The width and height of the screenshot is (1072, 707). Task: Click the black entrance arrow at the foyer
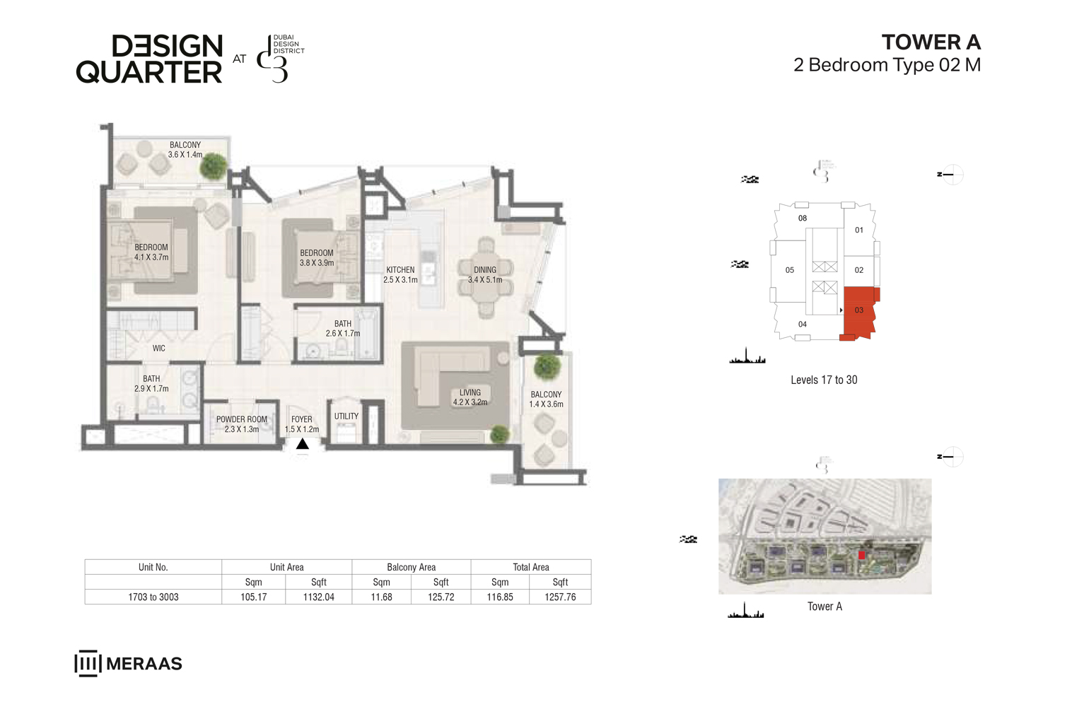[303, 444]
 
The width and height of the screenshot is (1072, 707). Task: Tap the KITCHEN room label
[400, 274]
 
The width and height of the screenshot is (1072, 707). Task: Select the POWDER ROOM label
[242, 423]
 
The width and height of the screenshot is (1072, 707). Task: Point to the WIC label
[159, 348]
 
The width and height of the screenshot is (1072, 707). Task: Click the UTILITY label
[346, 416]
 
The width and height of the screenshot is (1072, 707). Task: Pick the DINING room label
[485, 274]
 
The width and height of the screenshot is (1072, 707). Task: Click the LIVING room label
[470, 397]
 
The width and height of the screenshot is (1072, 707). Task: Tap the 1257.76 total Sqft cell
[560, 597]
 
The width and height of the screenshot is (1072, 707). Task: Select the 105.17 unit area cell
[253, 597]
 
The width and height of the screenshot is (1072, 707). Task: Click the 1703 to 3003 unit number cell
[153, 597]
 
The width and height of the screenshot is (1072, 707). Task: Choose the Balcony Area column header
[411, 567]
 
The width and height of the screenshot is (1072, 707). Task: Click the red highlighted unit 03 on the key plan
[859, 310]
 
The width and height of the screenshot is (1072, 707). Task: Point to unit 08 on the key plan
[803, 218]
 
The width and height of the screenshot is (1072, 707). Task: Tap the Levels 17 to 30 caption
[824, 380]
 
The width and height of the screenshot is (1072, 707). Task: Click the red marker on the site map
[862, 555]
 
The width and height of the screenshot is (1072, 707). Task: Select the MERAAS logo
[128, 663]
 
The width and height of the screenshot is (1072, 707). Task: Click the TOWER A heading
[931, 42]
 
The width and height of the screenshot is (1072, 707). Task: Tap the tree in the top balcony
[213, 166]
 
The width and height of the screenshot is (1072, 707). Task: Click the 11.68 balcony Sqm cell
[381, 597]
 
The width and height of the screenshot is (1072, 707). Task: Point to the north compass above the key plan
[952, 174]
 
